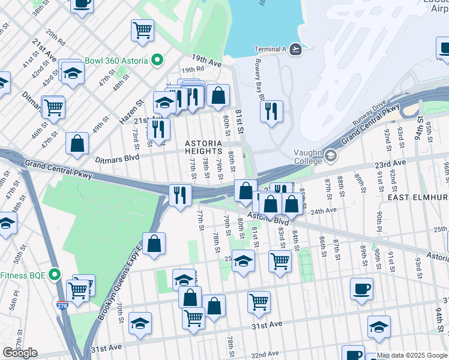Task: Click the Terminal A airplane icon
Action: click(x=295, y=49)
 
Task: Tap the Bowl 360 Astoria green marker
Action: click(x=157, y=59)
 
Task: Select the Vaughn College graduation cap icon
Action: click(x=330, y=157)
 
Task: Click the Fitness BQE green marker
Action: click(x=55, y=275)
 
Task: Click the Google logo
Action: click(x=20, y=353)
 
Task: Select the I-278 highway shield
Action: click(x=62, y=305)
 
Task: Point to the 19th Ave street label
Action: click(x=207, y=61)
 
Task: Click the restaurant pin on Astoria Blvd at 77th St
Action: click(x=180, y=195)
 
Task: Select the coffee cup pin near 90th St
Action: click(x=361, y=289)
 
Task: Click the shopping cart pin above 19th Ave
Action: click(x=142, y=30)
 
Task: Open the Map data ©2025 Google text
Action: click(x=412, y=355)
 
